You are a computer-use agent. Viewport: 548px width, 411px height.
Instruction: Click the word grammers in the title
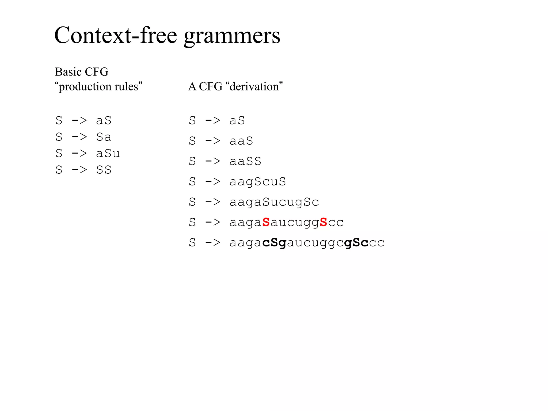232,36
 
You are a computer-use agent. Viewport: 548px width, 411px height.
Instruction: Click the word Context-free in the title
116,35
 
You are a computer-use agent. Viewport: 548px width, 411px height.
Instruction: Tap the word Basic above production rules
68,72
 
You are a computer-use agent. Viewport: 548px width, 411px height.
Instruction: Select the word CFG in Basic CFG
97,72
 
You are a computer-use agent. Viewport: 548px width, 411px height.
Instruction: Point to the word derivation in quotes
254,86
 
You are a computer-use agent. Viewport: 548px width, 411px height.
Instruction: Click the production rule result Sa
104,137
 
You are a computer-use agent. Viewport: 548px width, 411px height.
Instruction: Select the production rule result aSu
108,153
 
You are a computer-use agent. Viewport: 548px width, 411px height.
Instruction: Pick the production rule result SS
104,170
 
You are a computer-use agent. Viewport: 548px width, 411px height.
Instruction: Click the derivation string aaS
241,141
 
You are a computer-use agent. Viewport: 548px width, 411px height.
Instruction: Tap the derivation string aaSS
245,161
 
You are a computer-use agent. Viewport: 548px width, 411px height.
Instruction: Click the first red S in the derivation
266,222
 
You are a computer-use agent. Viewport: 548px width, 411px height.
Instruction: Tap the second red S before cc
324,222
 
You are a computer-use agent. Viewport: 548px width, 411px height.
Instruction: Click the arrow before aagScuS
213,182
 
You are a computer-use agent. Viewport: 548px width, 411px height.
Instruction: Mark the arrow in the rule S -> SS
79,170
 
